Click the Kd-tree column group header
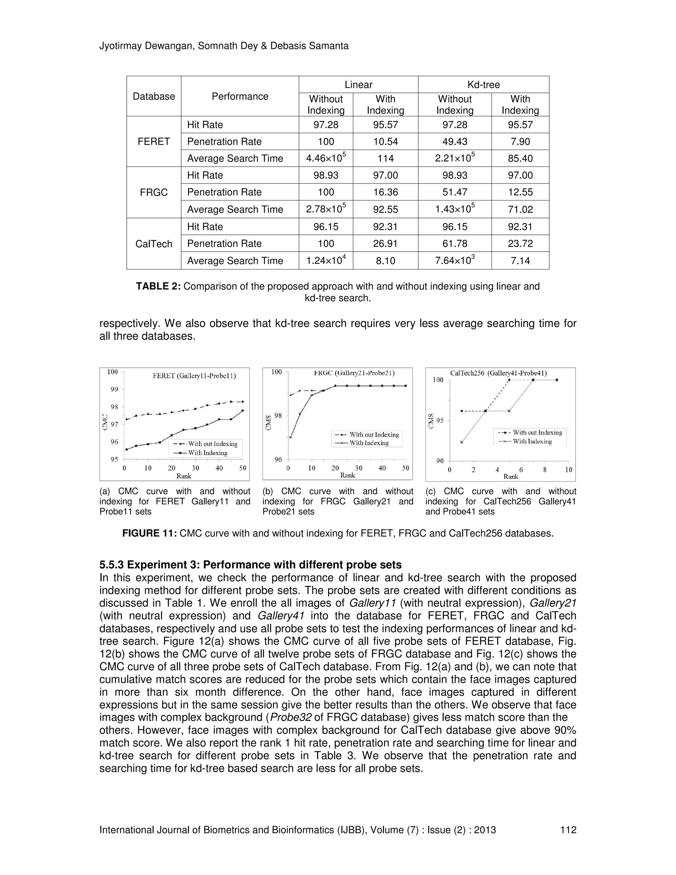point(483,85)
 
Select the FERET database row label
point(153,141)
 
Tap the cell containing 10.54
point(385,141)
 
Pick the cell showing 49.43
point(455,141)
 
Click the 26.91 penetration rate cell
point(385,243)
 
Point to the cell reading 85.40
point(520,158)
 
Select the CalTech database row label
point(153,244)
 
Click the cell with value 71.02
point(520,209)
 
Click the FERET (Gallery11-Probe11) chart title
point(194,376)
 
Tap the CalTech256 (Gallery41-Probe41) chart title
point(498,373)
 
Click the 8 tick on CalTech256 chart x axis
point(545,470)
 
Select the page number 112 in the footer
point(568,830)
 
